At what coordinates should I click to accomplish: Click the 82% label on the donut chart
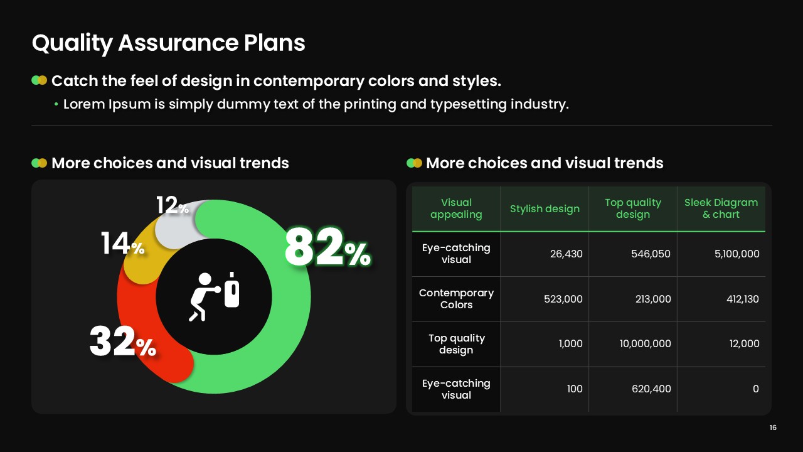point(327,248)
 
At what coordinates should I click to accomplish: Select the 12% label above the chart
point(173,205)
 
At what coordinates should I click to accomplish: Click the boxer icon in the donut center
point(214,296)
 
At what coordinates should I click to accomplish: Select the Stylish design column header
point(545,208)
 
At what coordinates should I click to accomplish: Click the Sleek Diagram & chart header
point(721,208)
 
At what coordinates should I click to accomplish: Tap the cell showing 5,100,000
point(737,254)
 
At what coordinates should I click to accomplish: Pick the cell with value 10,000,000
point(646,343)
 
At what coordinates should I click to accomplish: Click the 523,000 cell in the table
point(563,299)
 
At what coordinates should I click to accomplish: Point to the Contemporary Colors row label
point(456,299)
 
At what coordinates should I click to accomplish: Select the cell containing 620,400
point(651,389)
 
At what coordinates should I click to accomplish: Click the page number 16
point(773,428)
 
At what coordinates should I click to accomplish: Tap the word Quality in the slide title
point(72,44)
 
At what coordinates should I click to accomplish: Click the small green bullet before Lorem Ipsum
point(56,104)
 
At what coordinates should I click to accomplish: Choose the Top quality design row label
point(456,343)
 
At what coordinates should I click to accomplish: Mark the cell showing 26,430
point(566,254)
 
